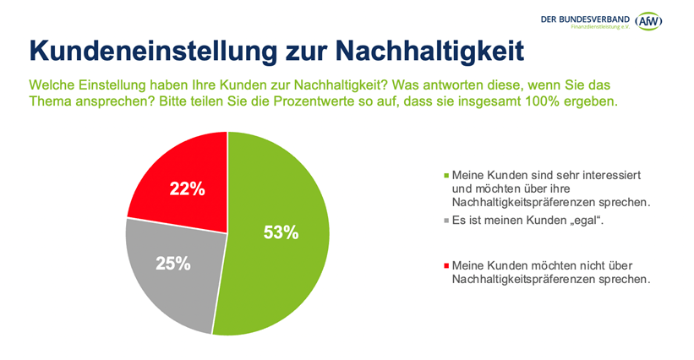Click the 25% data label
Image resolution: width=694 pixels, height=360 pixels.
(172, 263)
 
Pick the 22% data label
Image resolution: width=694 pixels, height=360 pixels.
(188, 188)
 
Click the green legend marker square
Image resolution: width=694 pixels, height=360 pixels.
(446, 175)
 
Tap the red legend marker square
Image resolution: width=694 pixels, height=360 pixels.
(446, 265)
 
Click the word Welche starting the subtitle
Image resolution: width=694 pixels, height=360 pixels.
(52, 86)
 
